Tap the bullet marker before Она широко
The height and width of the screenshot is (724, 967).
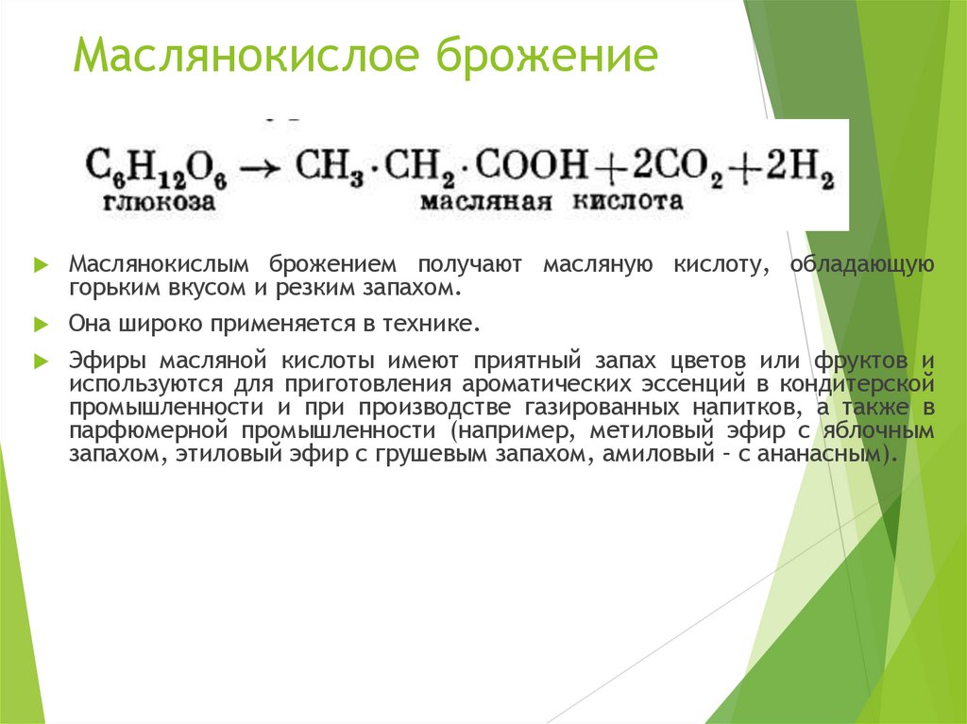pos(40,324)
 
